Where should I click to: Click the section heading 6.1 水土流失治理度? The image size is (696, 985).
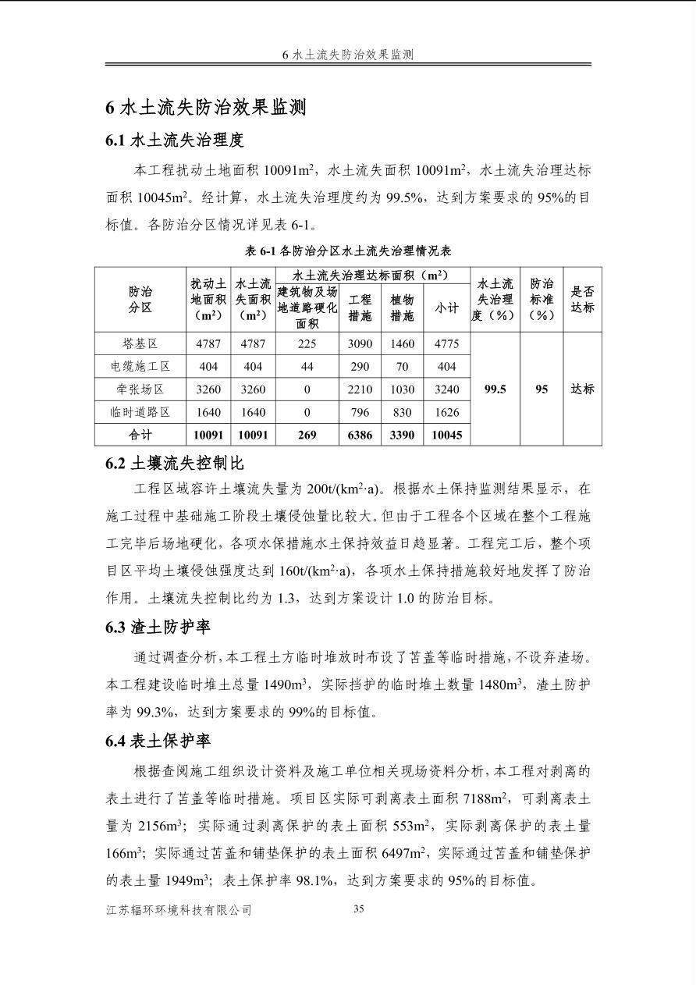click(175, 140)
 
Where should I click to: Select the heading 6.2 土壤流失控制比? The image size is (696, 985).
click(175, 463)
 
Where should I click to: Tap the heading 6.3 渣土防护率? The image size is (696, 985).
click(158, 628)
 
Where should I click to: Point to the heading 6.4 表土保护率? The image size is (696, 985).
click(158, 741)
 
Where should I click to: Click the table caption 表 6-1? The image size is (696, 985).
click(348, 251)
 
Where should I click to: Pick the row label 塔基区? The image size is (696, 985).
click(140, 344)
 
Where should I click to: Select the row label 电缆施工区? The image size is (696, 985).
click(140, 367)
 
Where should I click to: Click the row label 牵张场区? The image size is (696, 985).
click(140, 389)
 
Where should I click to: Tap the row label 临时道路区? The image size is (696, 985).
click(140, 412)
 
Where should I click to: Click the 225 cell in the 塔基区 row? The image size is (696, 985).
click(307, 344)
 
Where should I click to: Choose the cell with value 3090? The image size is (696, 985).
click(360, 344)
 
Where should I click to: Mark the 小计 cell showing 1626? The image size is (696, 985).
click(447, 412)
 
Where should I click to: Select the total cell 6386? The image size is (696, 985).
click(360, 435)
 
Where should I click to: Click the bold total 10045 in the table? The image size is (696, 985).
click(447, 435)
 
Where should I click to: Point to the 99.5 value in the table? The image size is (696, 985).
click(495, 389)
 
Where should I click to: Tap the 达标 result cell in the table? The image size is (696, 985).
click(582, 389)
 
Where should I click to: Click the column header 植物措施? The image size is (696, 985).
click(402, 308)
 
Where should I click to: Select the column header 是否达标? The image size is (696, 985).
click(582, 300)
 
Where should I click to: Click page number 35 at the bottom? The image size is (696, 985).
click(359, 909)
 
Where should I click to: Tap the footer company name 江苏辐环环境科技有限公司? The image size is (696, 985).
click(179, 910)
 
